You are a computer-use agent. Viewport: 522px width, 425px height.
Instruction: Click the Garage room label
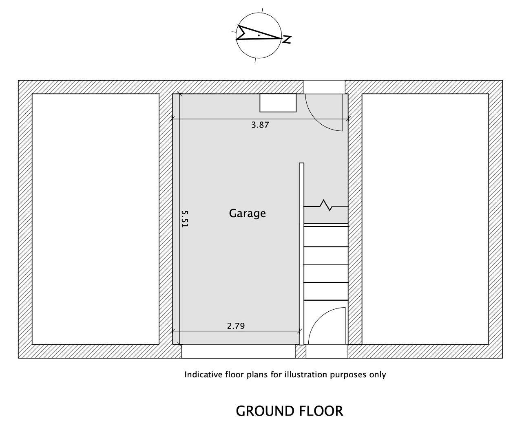[247, 214]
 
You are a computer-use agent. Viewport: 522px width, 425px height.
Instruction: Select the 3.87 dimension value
[260, 125]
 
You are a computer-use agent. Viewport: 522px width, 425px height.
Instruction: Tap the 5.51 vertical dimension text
[185, 219]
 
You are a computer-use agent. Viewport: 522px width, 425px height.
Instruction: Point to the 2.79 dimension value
[236, 326]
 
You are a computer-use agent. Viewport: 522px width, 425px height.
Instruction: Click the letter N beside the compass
[287, 40]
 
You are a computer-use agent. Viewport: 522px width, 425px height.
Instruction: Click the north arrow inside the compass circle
[258, 33]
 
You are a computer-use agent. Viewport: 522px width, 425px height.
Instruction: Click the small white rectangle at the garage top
[278, 103]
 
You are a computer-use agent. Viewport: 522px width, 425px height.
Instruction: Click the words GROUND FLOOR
[290, 411]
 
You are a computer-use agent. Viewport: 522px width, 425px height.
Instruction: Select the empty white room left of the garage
[95, 219]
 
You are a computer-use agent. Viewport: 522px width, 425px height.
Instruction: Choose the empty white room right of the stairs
[425, 219]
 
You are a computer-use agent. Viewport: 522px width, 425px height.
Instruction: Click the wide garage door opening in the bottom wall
[238, 351]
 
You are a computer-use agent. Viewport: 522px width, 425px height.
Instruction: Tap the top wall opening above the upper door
[324, 87]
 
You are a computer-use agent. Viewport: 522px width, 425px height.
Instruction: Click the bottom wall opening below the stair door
[327, 351]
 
